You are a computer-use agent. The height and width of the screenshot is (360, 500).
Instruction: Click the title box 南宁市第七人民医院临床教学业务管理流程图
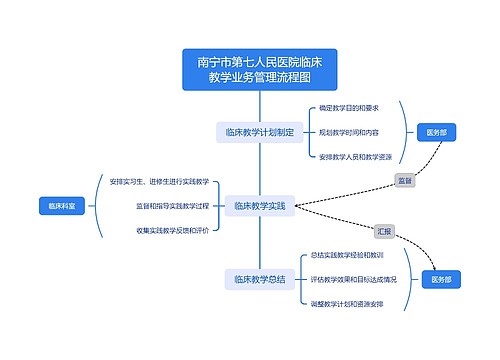click(260, 68)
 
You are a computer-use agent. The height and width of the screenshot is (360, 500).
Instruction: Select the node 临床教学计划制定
click(259, 131)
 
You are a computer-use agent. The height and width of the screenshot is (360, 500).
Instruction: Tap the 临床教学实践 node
click(259, 206)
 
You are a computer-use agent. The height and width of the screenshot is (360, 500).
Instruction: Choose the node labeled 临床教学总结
click(259, 279)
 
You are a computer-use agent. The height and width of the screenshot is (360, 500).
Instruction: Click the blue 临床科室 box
click(61, 206)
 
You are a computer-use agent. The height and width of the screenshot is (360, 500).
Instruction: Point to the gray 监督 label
click(404, 181)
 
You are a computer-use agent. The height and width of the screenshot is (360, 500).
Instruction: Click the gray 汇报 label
click(384, 230)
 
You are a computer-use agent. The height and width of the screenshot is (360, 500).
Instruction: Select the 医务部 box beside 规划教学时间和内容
click(437, 131)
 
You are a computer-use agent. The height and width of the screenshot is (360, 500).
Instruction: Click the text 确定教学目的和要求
click(349, 107)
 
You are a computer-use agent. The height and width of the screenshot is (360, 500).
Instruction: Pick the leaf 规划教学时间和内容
click(349, 131)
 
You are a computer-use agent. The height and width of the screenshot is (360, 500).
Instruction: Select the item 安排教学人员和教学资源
click(355, 156)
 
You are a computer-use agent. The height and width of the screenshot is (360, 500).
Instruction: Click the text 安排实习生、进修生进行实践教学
click(160, 181)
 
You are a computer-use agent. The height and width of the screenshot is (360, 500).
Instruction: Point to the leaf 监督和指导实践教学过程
click(173, 206)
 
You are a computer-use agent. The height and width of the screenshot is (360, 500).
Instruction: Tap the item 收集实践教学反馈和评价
click(173, 230)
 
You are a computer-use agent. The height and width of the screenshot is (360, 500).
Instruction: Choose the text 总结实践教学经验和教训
click(347, 255)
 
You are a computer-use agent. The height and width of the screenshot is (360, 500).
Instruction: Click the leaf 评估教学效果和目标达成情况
click(354, 279)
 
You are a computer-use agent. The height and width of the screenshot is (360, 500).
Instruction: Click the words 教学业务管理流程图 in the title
click(260, 77)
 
